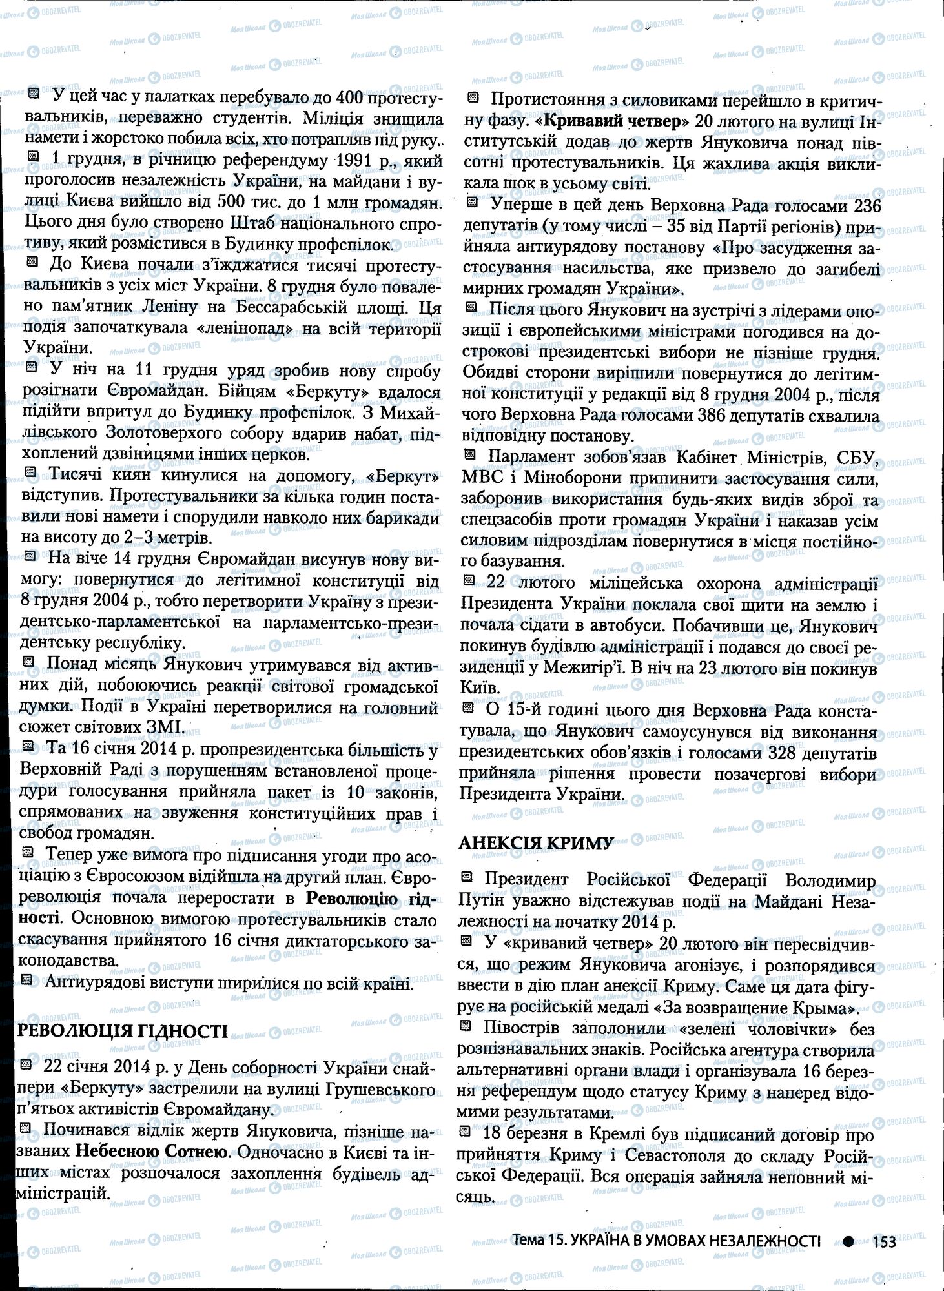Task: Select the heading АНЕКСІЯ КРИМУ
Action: (535, 842)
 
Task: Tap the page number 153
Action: (884, 1241)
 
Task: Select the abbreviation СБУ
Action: (856, 458)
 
